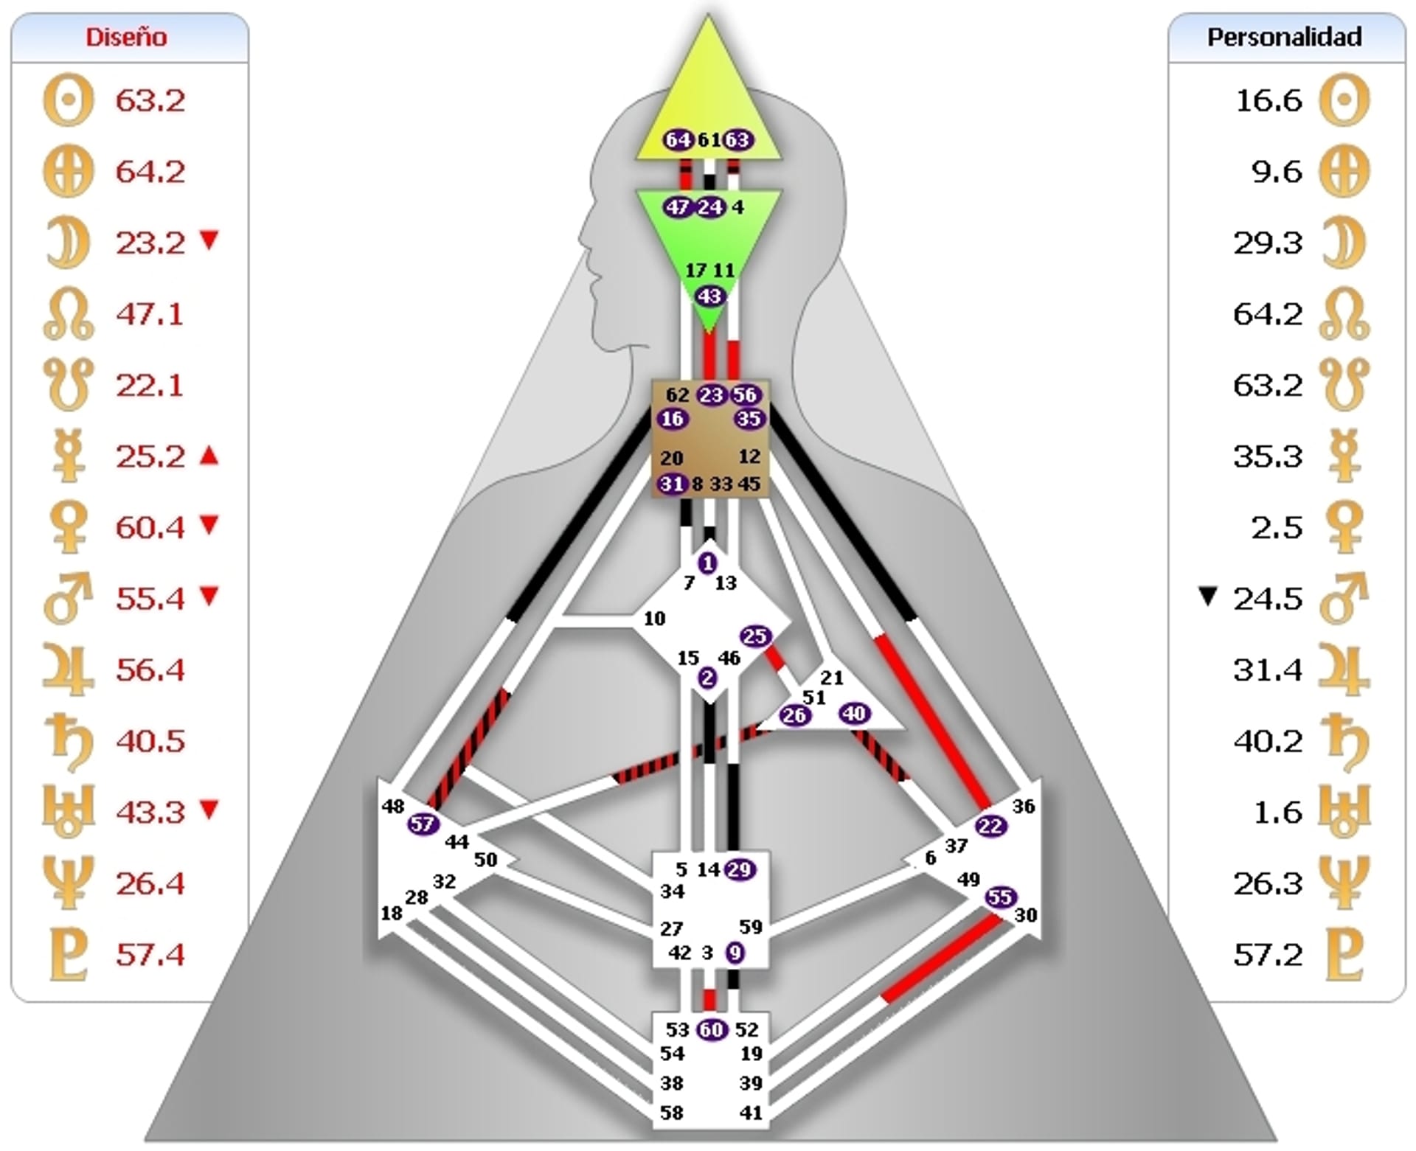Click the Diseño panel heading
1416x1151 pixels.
pyautogui.click(x=126, y=37)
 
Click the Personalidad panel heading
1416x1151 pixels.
pyautogui.click(x=1284, y=37)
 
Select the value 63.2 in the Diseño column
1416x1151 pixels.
pyautogui.click(x=150, y=101)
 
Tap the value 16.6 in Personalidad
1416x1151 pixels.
pyautogui.click(x=1268, y=101)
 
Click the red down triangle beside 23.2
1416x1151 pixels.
pyautogui.click(x=210, y=240)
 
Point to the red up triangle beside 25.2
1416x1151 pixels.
pyautogui.click(x=210, y=456)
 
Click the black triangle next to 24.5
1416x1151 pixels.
pyautogui.click(x=1207, y=596)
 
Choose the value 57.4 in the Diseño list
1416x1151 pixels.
pyautogui.click(x=150, y=955)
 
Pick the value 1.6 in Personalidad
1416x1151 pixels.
pyautogui.click(x=1278, y=813)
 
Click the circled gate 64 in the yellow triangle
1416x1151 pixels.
pyautogui.click(x=678, y=139)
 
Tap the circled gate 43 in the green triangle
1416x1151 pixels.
pyautogui.click(x=709, y=296)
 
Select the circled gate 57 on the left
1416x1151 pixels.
pyautogui.click(x=423, y=824)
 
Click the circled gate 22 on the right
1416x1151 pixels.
pyautogui.click(x=990, y=827)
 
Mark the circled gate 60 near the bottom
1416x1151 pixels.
pyautogui.click(x=711, y=1029)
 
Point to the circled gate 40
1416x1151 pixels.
pyautogui.click(x=854, y=714)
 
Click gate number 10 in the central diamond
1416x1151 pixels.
pyautogui.click(x=654, y=619)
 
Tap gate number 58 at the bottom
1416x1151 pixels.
pyautogui.click(x=671, y=1113)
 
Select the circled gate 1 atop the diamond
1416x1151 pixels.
pyautogui.click(x=707, y=563)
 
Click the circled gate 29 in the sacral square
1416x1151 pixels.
pyautogui.click(x=739, y=870)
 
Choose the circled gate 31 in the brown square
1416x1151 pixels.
pyautogui.click(x=671, y=484)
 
